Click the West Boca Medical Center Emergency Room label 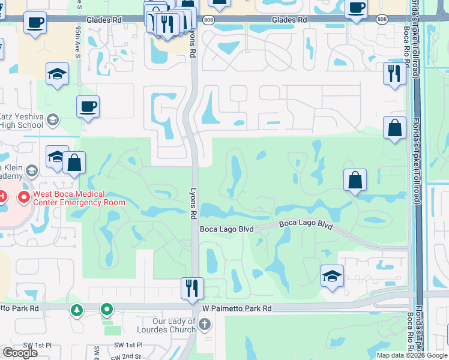[x=79, y=198]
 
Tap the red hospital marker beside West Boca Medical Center [x=25, y=197]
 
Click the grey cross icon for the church [x=205, y=325]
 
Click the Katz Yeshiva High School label [x=22, y=121]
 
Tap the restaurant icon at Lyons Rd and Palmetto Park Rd [x=193, y=287]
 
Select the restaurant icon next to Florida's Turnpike [x=394, y=73]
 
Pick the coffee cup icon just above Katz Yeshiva [x=88, y=107]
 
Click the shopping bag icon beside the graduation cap [x=74, y=163]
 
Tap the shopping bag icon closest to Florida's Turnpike [x=394, y=128]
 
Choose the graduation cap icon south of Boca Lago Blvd [x=332, y=276]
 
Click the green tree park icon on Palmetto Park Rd [x=76, y=310]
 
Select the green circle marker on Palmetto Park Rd [x=107, y=310]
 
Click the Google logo [x=20, y=353]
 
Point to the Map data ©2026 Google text [x=411, y=355]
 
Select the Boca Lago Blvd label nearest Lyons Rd [x=227, y=229]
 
